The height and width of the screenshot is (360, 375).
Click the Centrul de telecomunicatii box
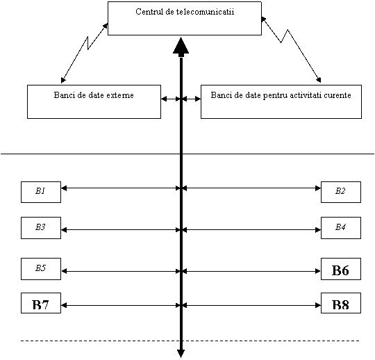pyautogui.click(x=185, y=19)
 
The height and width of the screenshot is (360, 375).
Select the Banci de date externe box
pyautogui.click(x=94, y=101)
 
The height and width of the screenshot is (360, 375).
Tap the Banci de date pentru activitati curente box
pyautogui.click(x=281, y=101)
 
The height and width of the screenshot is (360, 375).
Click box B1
pyautogui.click(x=41, y=192)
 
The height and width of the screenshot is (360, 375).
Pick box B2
pyautogui.click(x=341, y=192)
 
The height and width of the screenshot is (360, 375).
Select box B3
pyautogui.click(x=41, y=228)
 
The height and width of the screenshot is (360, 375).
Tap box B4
pyautogui.click(x=341, y=228)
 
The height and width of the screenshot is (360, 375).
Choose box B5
pyautogui.click(x=41, y=269)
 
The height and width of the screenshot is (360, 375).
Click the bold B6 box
pyautogui.click(x=341, y=269)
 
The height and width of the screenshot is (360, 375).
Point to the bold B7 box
pyautogui.click(x=41, y=303)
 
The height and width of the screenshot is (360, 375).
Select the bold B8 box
pyautogui.click(x=341, y=303)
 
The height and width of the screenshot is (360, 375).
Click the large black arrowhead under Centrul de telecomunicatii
pyautogui.click(x=181, y=45)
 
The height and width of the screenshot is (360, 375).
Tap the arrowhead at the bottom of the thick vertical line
pyautogui.click(x=181, y=353)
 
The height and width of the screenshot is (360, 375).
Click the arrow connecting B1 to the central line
pyautogui.click(x=121, y=188)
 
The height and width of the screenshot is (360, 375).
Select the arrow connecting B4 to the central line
pyautogui.click(x=251, y=230)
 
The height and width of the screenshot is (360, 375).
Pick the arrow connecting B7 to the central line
pyautogui.click(x=121, y=305)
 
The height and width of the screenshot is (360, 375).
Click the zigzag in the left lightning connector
pyautogui.click(x=88, y=43)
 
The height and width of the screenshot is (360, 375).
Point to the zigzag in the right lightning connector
pyautogui.click(x=285, y=36)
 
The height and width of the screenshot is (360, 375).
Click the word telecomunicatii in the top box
pyautogui.click(x=205, y=12)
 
